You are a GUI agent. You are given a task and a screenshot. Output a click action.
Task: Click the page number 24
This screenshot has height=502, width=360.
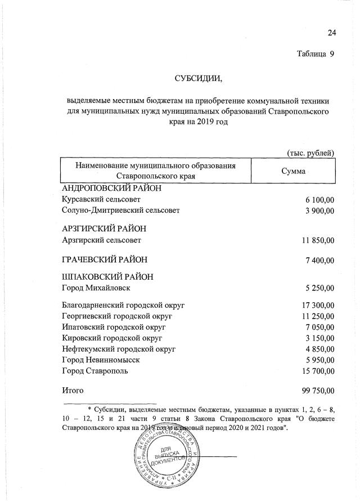point(331,33)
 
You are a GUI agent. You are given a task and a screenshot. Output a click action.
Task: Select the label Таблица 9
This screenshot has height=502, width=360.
point(315,54)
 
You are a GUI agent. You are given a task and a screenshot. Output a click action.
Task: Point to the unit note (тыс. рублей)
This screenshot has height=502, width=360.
point(311,153)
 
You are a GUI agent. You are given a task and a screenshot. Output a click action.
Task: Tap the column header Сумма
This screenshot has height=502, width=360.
point(293,171)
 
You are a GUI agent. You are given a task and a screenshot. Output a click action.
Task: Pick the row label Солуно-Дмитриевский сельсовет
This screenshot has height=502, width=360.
point(120,211)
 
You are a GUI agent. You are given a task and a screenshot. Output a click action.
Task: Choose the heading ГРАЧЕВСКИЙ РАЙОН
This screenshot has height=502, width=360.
point(104,259)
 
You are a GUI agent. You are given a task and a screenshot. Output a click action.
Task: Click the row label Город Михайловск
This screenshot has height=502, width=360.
point(96,288)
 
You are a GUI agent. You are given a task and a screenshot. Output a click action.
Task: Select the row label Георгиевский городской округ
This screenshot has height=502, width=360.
point(116,316)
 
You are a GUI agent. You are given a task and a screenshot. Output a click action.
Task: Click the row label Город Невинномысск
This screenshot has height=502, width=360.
point(101,360)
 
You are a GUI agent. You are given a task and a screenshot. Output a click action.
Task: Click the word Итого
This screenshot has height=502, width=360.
point(73,390)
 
